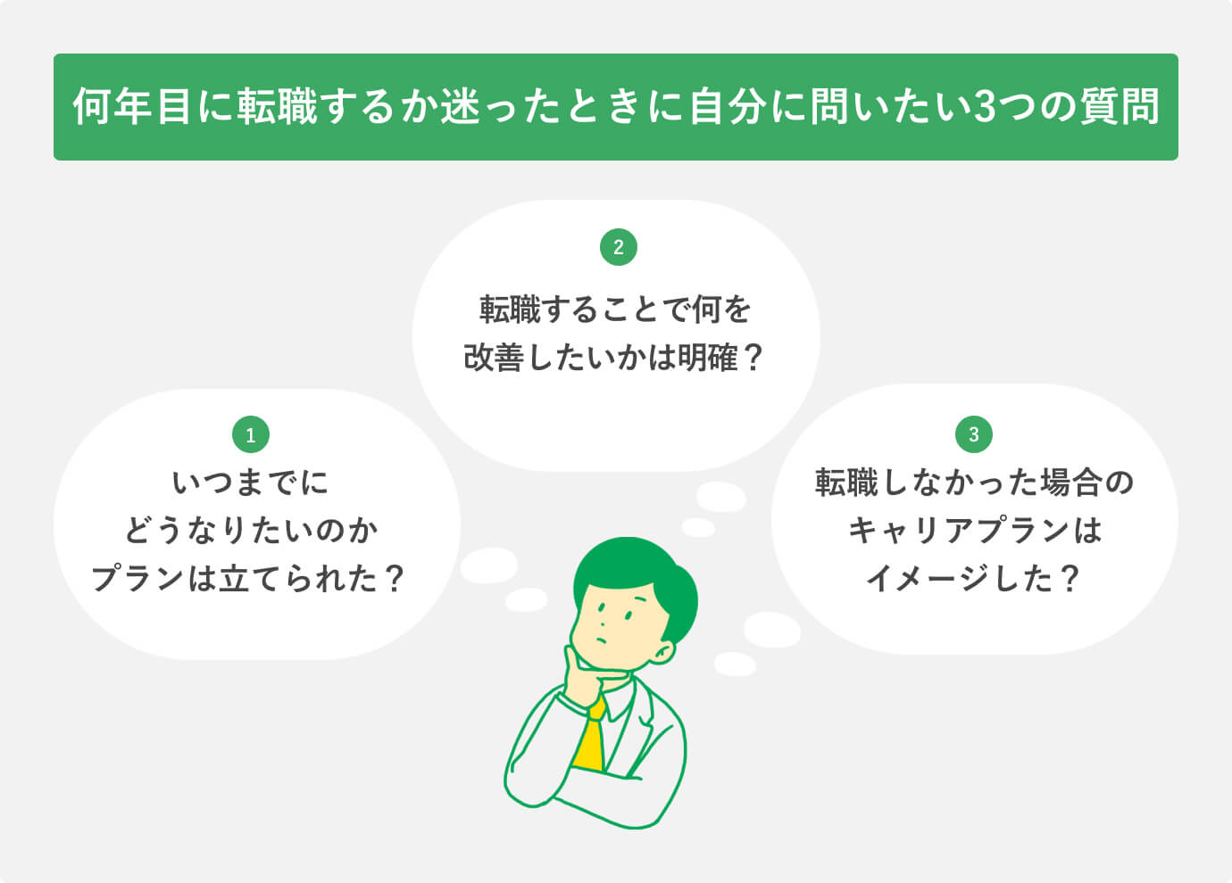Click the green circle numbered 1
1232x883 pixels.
(x=250, y=435)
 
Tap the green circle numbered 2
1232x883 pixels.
(x=619, y=247)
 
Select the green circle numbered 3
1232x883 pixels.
(x=973, y=434)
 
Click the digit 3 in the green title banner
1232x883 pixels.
(x=983, y=107)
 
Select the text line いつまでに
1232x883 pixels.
(x=250, y=483)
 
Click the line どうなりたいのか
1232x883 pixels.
(x=250, y=532)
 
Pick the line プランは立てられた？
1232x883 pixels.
(x=250, y=580)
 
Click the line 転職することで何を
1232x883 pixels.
(x=616, y=310)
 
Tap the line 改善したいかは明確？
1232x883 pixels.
(x=616, y=359)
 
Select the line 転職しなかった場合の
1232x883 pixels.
(x=974, y=483)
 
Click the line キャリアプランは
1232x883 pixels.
(x=974, y=532)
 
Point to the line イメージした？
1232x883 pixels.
(x=974, y=580)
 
